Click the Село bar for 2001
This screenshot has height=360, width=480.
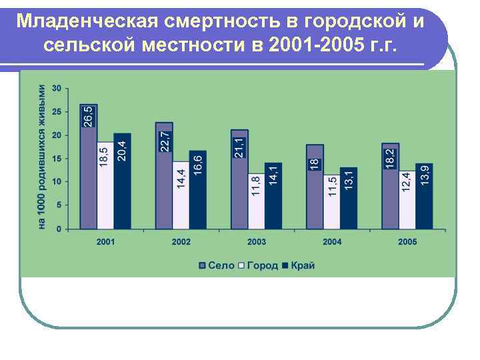click(89, 180)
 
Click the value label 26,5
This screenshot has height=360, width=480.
click(89, 116)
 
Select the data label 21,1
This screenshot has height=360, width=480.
click(239, 147)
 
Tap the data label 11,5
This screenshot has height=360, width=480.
click(332, 185)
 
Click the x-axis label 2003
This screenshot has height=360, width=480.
click(257, 241)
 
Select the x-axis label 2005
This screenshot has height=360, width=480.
click(407, 241)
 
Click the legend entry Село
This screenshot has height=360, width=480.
click(217, 265)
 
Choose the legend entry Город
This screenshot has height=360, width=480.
click(258, 265)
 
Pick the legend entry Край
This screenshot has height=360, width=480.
click(298, 265)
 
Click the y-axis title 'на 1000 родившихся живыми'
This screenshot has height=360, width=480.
click(41, 158)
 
